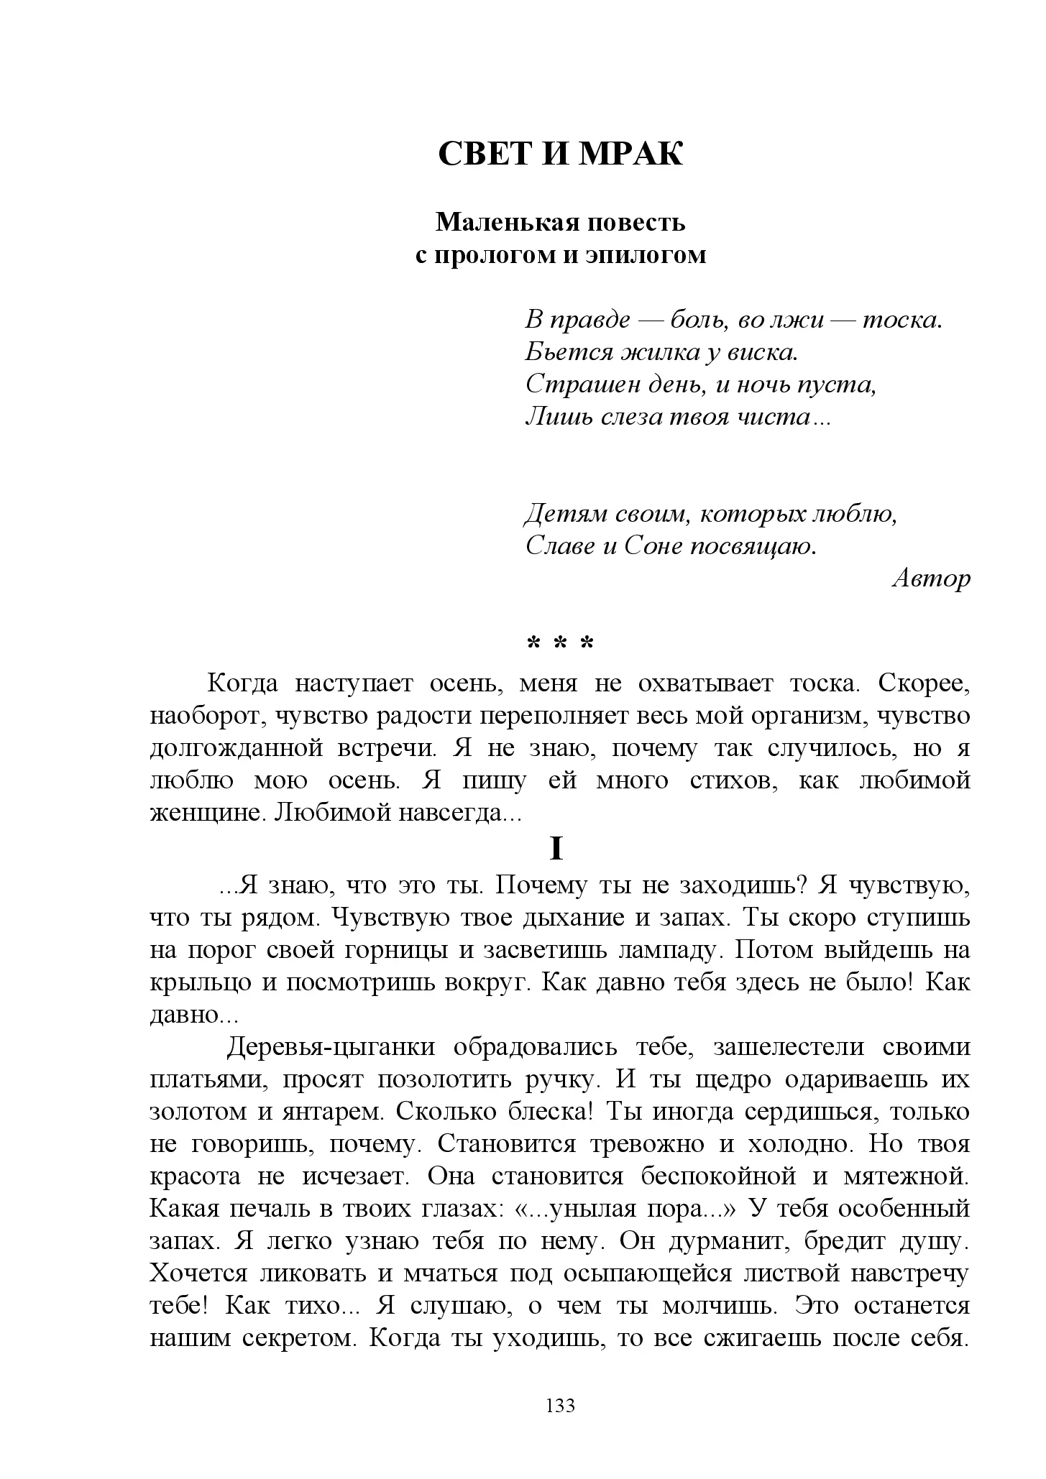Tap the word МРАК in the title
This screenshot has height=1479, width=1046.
(630, 153)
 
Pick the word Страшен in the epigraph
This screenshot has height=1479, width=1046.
(572, 384)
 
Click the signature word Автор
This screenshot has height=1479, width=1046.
(931, 579)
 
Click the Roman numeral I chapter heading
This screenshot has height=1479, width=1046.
(556, 849)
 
